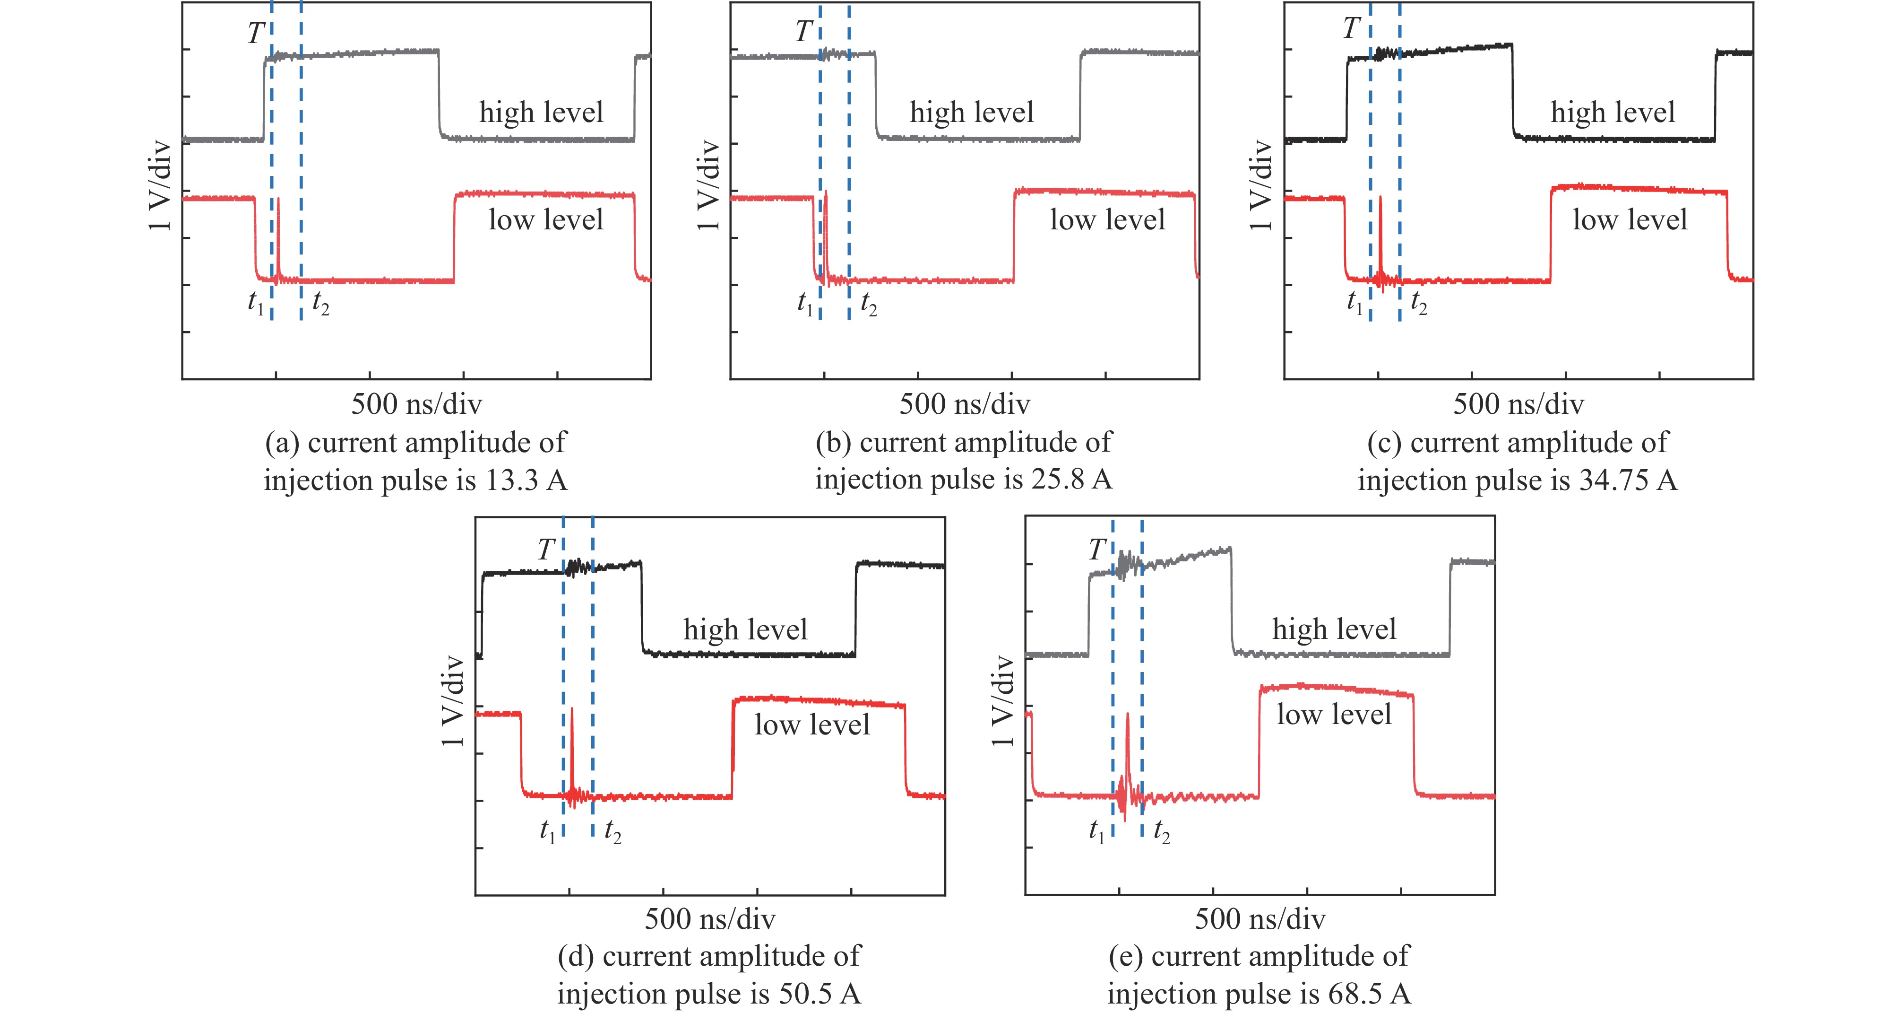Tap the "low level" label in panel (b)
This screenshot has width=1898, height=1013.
pyautogui.click(x=1107, y=220)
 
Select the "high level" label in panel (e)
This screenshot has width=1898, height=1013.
pyautogui.click(x=1334, y=629)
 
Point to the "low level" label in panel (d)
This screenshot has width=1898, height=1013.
pyautogui.click(x=812, y=725)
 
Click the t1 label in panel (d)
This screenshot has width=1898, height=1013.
pyautogui.click(x=547, y=831)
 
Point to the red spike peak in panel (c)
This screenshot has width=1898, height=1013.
pyautogui.click(x=1380, y=198)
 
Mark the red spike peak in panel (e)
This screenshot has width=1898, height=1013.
pyautogui.click(x=1127, y=714)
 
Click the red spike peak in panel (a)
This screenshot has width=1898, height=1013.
pyautogui.click(x=278, y=199)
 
